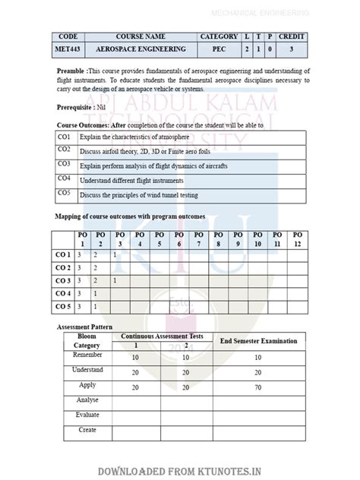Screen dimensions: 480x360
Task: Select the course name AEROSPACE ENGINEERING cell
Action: pyautogui.click(x=141, y=49)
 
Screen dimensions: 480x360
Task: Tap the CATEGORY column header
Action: pyautogui.click(x=219, y=36)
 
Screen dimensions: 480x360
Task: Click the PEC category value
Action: pyautogui.click(x=219, y=49)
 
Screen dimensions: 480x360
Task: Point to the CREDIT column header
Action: pyautogui.click(x=292, y=36)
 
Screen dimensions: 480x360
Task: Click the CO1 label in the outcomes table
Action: pyautogui.click(x=64, y=137)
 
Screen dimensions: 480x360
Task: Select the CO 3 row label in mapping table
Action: pyautogui.click(x=62, y=281)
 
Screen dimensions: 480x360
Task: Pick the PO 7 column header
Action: pyautogui.click(x=198, y=239)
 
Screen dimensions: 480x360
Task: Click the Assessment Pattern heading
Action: pyautogui.click(x=85, y=327)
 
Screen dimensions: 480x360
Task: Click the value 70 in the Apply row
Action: pyautogui.click(x=258, y=387)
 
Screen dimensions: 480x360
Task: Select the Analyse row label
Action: pyautogui.click(x=87, y=399)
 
